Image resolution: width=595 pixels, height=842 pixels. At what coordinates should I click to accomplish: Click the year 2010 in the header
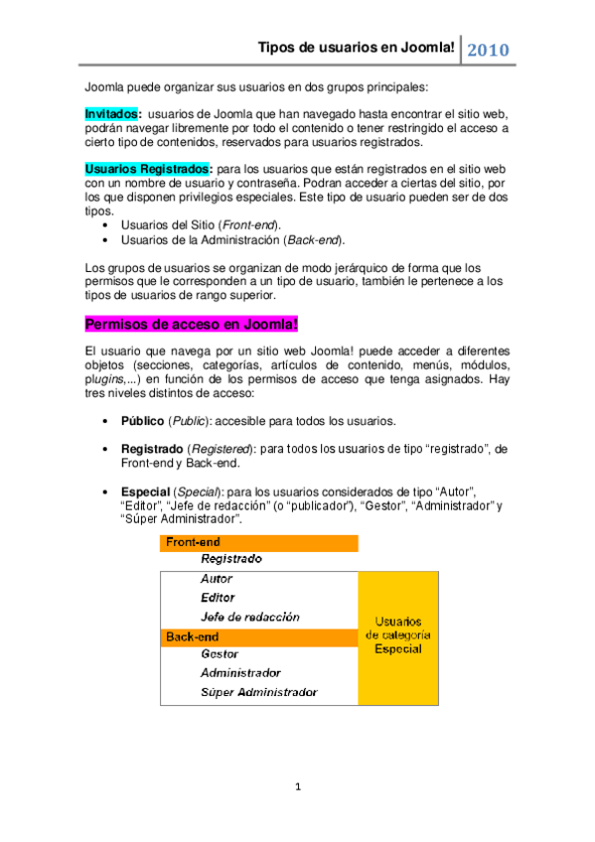click(488, 50)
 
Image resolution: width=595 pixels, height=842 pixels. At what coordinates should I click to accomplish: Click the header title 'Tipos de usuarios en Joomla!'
click(357, 48)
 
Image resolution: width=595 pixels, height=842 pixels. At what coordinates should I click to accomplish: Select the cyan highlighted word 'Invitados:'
click(113, 114)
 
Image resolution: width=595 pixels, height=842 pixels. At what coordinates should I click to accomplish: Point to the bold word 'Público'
click(142, 420)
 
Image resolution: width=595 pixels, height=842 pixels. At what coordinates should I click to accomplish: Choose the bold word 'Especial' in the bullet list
click(145, 491)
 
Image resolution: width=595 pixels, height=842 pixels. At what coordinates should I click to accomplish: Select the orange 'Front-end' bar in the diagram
click(259, 542)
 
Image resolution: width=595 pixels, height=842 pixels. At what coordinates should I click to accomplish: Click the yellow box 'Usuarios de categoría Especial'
click(397, 634)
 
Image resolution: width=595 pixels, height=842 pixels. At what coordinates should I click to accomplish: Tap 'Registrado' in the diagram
click(231, 560)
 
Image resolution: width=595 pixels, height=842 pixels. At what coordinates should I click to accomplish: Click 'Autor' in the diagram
click(217, 579)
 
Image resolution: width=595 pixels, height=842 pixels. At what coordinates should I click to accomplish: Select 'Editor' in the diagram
click(218, 598)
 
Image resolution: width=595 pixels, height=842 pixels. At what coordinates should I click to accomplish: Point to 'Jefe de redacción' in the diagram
click(249, 617)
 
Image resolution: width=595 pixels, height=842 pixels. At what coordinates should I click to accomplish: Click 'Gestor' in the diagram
click(220, 654)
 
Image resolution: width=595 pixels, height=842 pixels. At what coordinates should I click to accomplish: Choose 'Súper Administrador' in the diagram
click(258, 692)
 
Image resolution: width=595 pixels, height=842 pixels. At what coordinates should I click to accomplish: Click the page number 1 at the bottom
click(297, 787)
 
